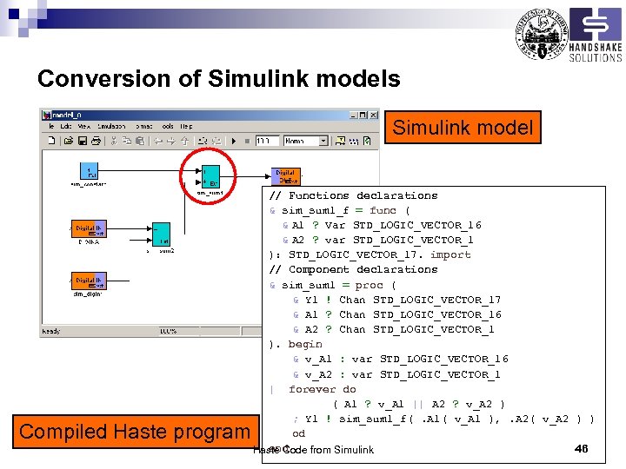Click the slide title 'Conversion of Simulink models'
coord(218,79)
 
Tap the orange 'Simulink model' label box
coord(462,128)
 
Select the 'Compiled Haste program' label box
coord(134,431)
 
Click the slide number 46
coord(582,448)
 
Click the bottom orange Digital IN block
coord(89,281)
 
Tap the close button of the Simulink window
coord(374,115)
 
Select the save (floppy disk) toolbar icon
coord(82,141)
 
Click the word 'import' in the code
coord(450,254)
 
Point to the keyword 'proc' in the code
coord(369,285)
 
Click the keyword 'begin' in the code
coord(305,344)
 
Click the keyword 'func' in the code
coord(383,210)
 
